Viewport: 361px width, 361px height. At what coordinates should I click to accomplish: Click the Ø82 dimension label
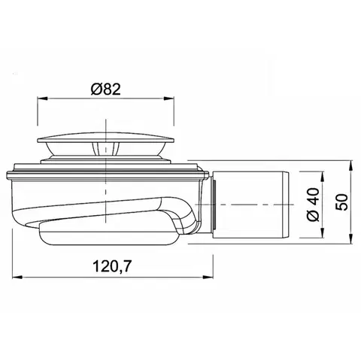point(106,89)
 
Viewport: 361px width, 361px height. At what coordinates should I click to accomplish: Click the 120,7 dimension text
point(112,266)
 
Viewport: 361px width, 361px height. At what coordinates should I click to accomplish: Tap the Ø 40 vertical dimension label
point(314,205)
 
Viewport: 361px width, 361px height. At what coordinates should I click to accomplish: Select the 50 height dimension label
point(342,202)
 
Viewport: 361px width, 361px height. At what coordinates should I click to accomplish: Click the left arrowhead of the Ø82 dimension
point(42,99)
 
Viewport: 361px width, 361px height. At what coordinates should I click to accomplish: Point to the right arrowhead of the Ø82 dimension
point(168,99)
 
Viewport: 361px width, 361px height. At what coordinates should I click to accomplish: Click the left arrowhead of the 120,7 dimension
point(17,278)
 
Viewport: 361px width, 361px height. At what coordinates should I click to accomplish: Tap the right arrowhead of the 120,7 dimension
point(208,278)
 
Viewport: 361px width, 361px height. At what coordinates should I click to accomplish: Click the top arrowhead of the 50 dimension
point(351,165)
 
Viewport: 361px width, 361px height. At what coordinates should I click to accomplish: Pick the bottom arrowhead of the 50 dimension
point(351,238)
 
